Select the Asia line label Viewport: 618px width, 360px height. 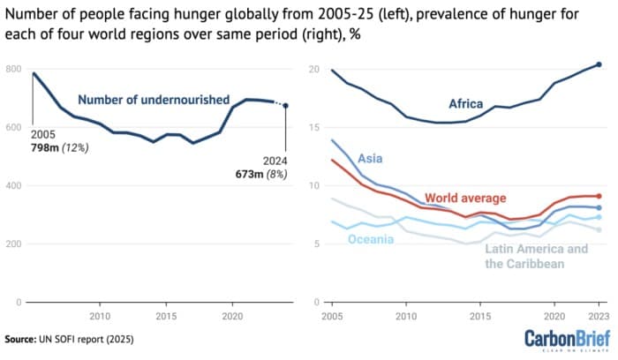pyautogui.click(x=370, y=160)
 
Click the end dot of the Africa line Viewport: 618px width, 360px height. pyautogui.click(x=599, y=64)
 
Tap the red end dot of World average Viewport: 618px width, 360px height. pyautogui.click(x=599, y=196)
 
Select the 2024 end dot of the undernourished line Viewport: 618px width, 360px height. pyautogui.click(x=285, y=106)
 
